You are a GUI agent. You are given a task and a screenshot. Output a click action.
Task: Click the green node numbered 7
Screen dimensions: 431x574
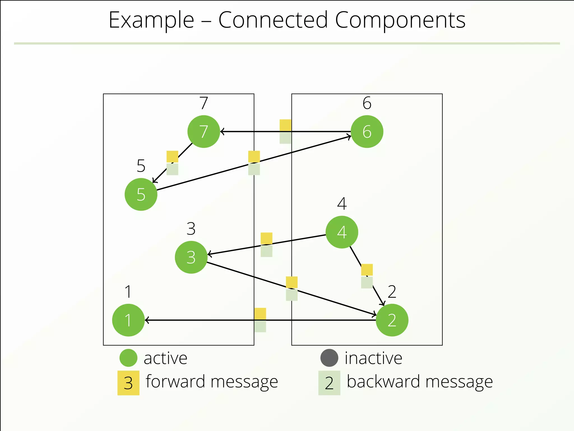point(204,131)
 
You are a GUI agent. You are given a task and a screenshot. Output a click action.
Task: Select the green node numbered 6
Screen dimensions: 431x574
point(367,131)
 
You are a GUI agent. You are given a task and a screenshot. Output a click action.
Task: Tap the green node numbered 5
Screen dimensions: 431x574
point(141,194)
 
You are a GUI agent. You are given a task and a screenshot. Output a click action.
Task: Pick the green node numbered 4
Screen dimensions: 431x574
point(342,232)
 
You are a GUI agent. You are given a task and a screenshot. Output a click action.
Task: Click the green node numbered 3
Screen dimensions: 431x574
point(191,257)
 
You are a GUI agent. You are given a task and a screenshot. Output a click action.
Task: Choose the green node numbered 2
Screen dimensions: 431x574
point(392,320)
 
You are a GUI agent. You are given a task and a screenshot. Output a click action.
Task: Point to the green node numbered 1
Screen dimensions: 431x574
point(128,320)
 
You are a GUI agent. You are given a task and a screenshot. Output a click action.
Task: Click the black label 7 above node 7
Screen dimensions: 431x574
point(204,103)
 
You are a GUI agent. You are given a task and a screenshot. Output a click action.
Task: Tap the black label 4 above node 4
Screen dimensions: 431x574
point(342,203)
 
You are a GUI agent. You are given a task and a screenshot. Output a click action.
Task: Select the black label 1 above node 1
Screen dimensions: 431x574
point(128,292)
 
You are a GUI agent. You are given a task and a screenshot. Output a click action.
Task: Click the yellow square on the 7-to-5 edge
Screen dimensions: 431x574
point(172,157)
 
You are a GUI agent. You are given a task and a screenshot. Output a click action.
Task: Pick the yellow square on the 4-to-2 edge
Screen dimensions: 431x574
point(367,270)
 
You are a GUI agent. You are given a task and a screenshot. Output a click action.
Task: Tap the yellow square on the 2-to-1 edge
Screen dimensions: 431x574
point(260,314)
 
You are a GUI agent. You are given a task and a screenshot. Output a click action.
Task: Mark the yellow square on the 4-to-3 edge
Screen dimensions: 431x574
point(267,238)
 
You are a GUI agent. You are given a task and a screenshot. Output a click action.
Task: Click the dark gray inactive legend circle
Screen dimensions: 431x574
point(329,358)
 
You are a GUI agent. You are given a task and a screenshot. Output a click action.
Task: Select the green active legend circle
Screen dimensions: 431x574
point(128,358)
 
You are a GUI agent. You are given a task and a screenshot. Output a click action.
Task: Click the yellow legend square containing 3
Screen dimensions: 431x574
point(128,383)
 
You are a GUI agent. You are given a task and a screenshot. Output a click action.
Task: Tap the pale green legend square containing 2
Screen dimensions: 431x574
point(329,383)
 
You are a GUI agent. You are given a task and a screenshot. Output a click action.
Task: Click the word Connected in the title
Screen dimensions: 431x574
point(273,20)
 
